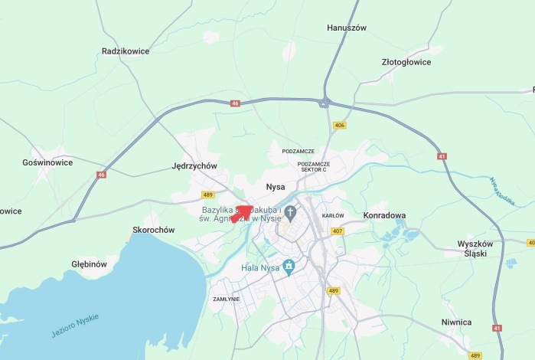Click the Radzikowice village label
125,51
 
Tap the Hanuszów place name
347,28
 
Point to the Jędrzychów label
194,165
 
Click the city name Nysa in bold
275,187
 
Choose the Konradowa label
384,215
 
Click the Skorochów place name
154,230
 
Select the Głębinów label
89,264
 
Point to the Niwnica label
456,322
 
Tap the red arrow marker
243,213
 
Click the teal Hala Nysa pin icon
289,267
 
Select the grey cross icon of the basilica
290,211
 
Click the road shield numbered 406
340,125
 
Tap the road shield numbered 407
338,231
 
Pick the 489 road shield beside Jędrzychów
208,195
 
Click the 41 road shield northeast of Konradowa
442,156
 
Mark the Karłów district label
333,216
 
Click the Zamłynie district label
227,299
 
